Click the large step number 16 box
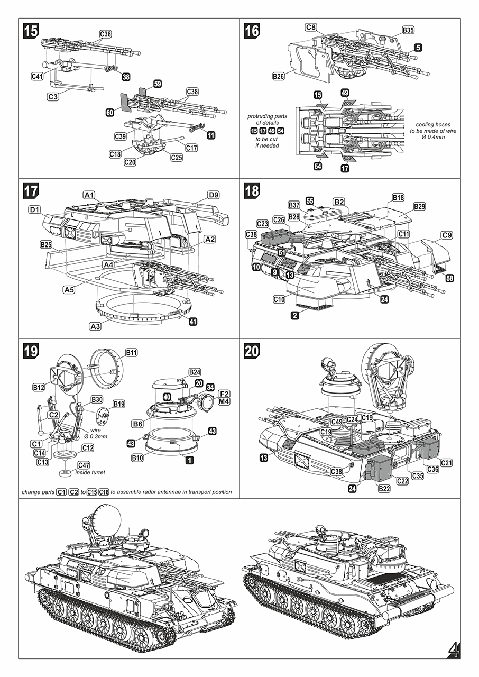tap(252, 31)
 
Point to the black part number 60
tap(110, 112)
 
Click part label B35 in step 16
tap(408, 30)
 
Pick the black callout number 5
tap(418, 48)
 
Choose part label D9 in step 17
tap(213, 195)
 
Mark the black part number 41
tap(193, 321)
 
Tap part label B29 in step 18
tap(419, 206)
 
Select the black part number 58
tap(449, 278)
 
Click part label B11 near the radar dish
tap(131, 352)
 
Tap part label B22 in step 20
tap(384, 488)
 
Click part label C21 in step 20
tap(446, 463)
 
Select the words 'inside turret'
tap(90, 472)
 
